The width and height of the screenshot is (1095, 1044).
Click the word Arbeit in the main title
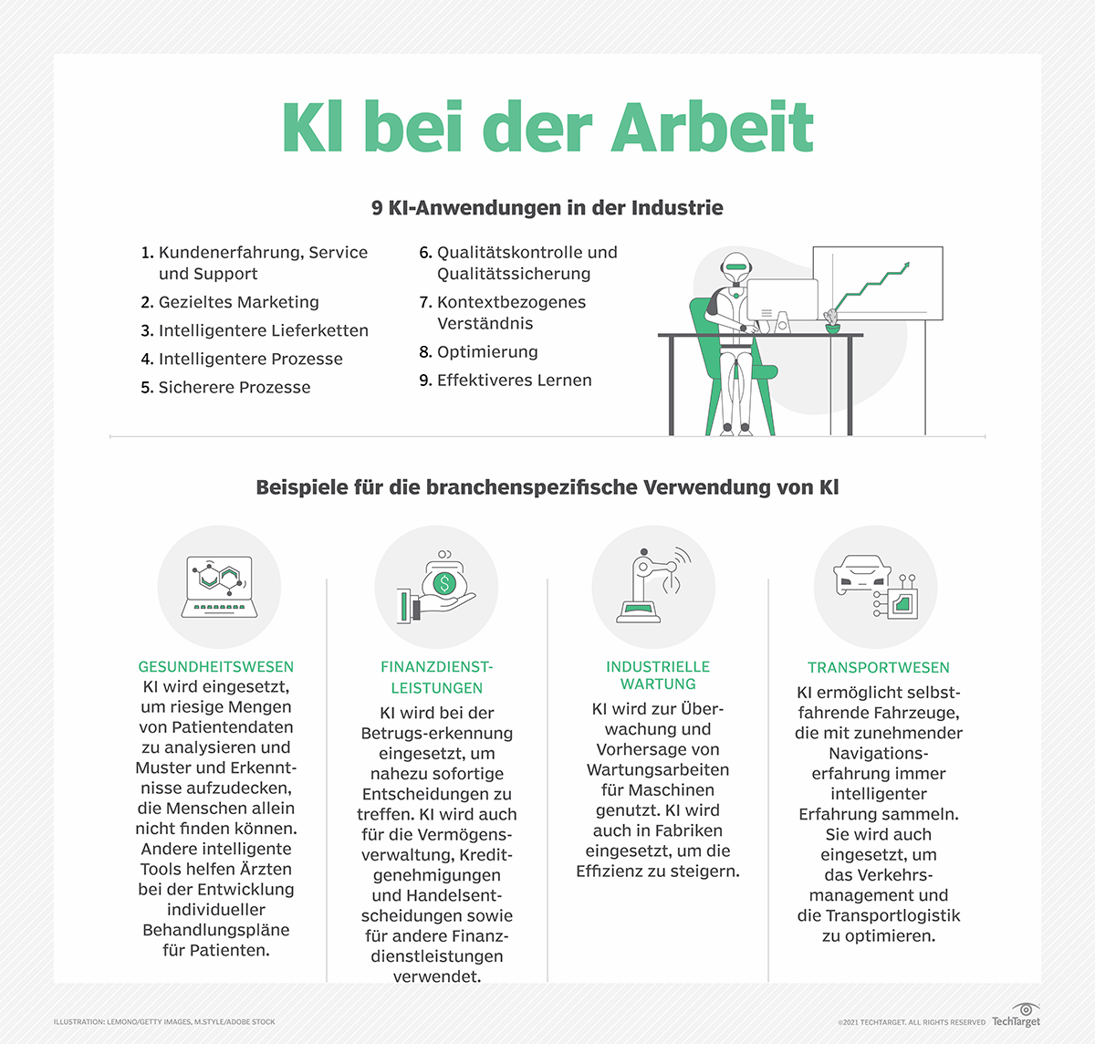pyautogui.click(x=712, y=128)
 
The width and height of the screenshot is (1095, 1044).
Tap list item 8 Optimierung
pyautogui.click(x=478, y=352)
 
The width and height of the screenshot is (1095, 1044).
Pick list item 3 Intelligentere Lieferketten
pyautogui.click(x=255, y=330)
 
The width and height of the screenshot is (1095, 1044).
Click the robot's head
pyautogui.click(x=735, y=267)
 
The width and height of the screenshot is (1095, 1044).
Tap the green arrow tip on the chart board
pyautogui.click(x=905, y=266)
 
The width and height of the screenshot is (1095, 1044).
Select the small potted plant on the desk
pyautogui.click(x=831, y=320)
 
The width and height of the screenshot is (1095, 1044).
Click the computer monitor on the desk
pyautogui.click(x=782, y=301)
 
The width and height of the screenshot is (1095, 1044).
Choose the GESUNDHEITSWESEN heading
pyautogui.click(x=216, y=667)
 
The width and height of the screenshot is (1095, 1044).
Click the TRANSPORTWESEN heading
pyautogui.click(x=878, y=668)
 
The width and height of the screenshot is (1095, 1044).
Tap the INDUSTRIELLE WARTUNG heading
pyautogui.click(x=657, y=675)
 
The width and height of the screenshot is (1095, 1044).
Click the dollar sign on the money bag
pyautogui.click(x=444, y=582)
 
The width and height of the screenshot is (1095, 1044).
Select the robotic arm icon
pyautogui.click(x=650, y=586)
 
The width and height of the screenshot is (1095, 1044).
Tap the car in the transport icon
pyautogui.click(x=862, y=573)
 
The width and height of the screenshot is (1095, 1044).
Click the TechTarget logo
pyautogui.click(x=1017, y=1016)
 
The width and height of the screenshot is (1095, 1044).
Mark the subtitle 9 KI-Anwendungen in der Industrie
pyautogui.click(x=547, y=208)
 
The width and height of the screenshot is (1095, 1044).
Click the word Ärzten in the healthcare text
pyautogui.click(x=264, y=869)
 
